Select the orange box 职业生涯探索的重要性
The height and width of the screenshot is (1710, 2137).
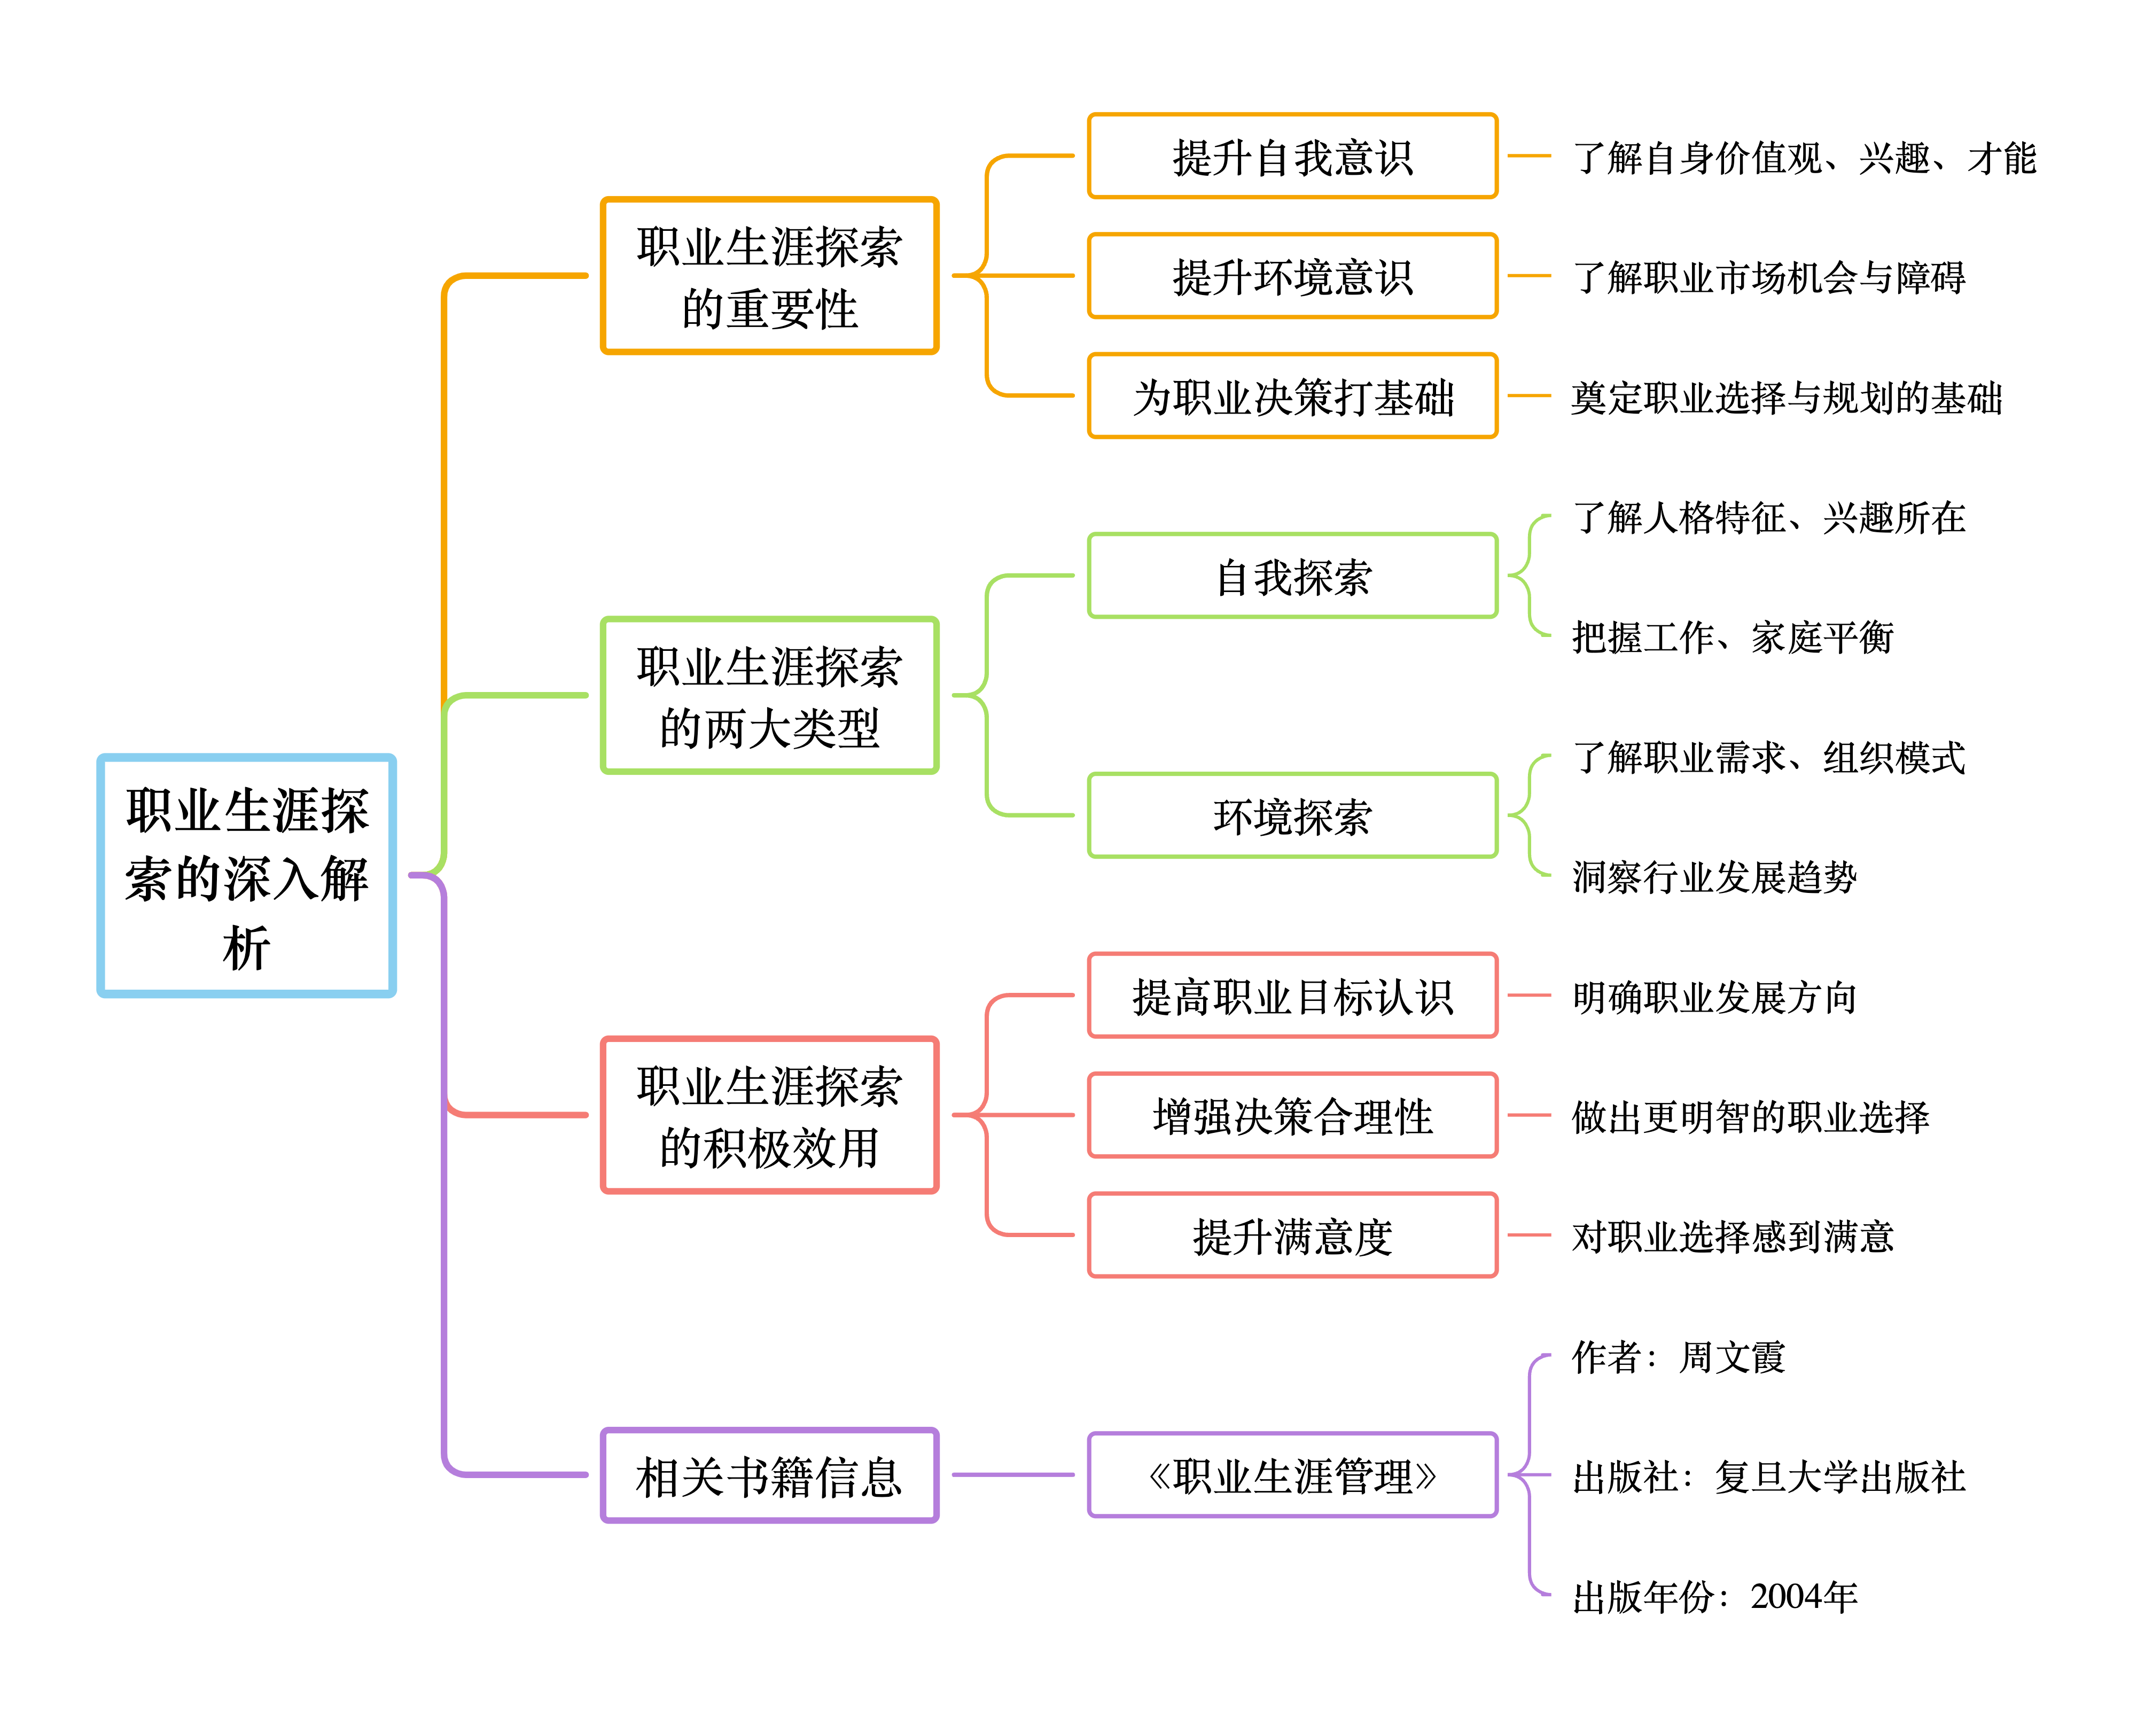pos(769,276)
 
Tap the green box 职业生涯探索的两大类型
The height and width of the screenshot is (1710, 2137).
pos(769,695)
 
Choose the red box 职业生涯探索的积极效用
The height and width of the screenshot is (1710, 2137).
pos(769,1115)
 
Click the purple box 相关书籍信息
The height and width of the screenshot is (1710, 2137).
pos(769,1475)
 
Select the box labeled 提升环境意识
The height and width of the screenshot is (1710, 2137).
pos(1292,276)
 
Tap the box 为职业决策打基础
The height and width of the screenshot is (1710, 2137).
pos(1292,395)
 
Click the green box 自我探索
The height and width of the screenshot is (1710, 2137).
pos(1292,576)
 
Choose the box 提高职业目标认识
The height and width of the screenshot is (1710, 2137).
pos(1292,995)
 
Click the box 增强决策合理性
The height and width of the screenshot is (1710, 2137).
pos(1292,1115)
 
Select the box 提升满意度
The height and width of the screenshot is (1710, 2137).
pos(1292,1235)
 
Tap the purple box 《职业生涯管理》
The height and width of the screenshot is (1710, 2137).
pos(1292,1475)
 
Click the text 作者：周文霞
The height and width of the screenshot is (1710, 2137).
pos(1678,1356)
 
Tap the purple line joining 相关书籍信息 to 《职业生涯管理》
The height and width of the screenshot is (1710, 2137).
pos(1013,1475)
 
